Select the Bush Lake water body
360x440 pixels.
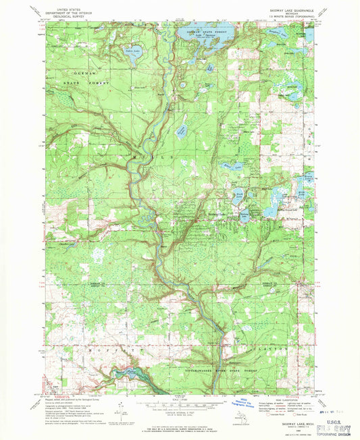pyautogui.click(x=238, y=198)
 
